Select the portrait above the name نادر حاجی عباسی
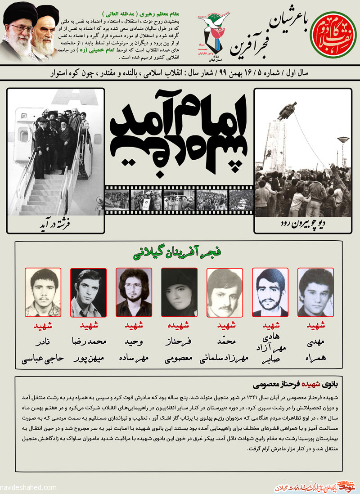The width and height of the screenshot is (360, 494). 42,292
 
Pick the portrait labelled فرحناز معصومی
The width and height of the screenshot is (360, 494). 179,292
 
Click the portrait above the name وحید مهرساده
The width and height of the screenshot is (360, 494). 134,292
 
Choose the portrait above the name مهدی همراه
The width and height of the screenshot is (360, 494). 315,292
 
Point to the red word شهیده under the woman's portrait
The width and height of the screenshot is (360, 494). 179,325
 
